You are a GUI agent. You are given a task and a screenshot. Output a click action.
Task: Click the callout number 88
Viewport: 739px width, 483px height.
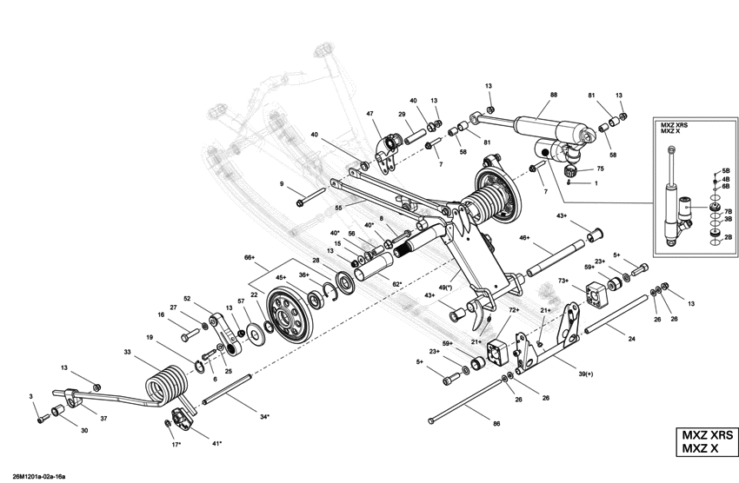coord(554,94)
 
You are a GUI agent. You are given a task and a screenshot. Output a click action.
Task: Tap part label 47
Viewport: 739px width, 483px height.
coord(369,115)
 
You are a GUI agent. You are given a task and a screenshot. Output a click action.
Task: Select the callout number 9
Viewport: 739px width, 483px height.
coord(282,184)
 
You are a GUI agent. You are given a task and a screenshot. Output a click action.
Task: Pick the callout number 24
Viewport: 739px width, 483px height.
coord(631,339)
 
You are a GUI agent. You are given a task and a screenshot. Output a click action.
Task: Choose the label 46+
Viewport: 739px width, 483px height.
coord(524,237)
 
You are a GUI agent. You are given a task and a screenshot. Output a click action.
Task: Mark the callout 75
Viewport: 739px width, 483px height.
coord(598,170)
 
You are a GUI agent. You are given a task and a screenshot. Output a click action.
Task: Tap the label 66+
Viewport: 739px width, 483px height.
coord(250,258)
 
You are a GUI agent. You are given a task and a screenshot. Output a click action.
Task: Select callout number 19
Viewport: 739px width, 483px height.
coord(150,337)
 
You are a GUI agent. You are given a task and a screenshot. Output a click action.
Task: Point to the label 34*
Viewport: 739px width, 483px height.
coord(263,417)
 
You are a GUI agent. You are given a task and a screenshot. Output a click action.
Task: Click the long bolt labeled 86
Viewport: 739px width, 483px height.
coord(469,408)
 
